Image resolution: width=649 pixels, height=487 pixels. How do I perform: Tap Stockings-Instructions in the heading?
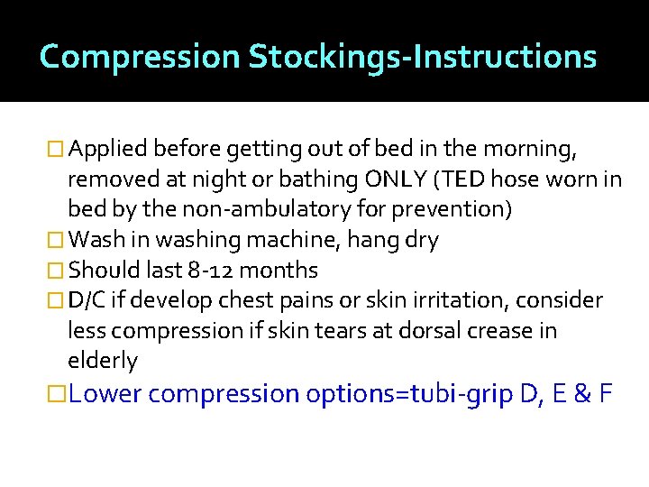coord(423,57)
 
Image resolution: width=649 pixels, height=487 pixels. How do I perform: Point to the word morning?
coord(537,148)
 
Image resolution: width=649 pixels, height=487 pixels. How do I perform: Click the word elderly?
coord(103,361)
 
